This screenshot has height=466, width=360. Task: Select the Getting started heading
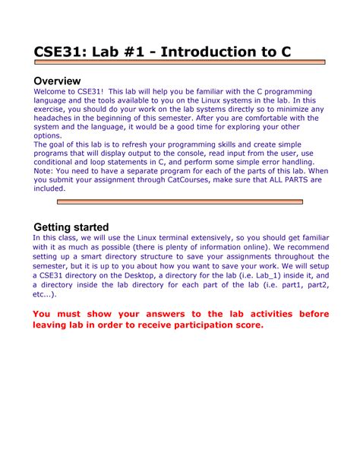[x=71, y=227]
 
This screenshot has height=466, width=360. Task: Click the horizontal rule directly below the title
[x=179, y=63]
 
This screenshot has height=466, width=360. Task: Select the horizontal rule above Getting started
[x=179, y=202]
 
